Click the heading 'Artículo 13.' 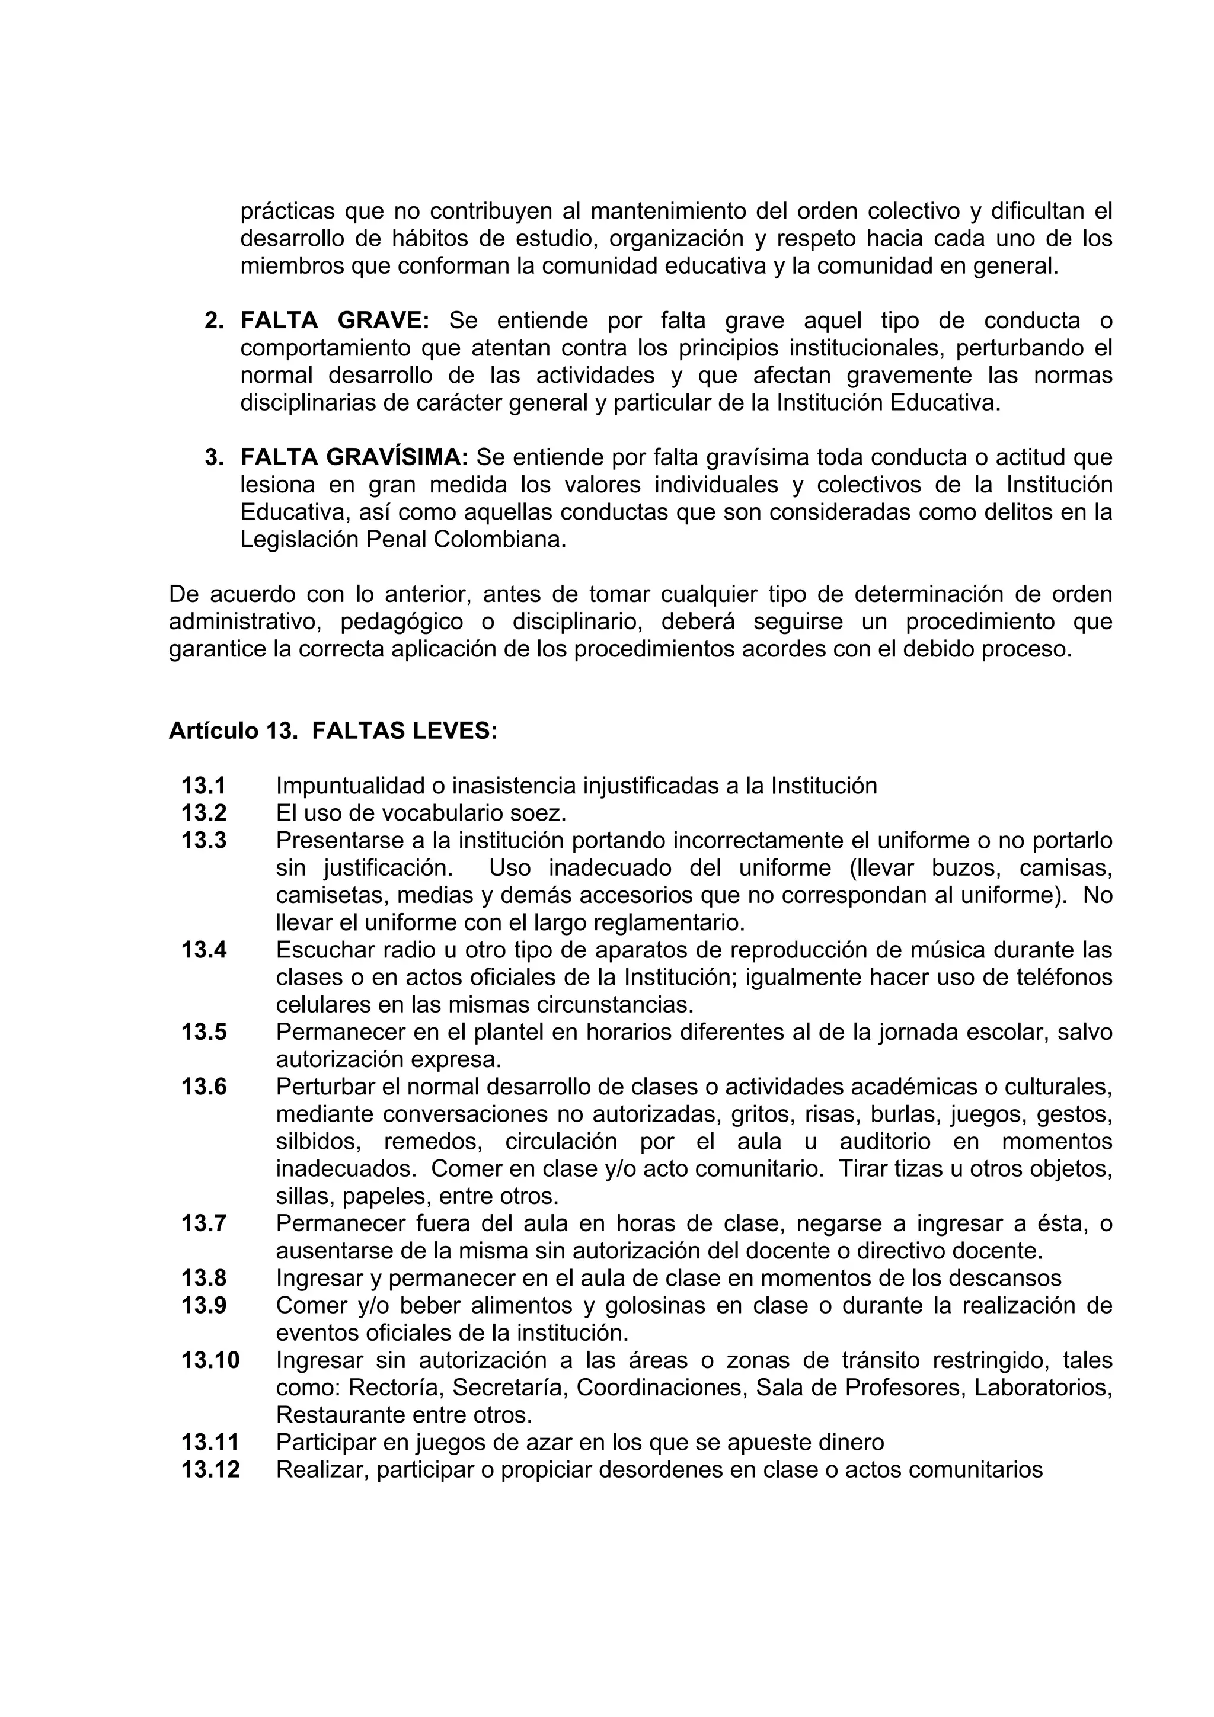click(x=232, y=731)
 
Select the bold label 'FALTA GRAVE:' click(x=334, y=321)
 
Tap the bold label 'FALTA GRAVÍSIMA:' click(x=354, y=457)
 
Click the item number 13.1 click(x=203, y=786)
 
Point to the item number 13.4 click(x=203, y=950)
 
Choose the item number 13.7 click(x=203, y=1223)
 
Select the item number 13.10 click(x=210, y=1360)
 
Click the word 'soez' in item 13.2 click(x=536, y=813)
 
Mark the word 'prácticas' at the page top click(x=288, y=212)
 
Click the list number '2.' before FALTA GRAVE click(x=214, y=321)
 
